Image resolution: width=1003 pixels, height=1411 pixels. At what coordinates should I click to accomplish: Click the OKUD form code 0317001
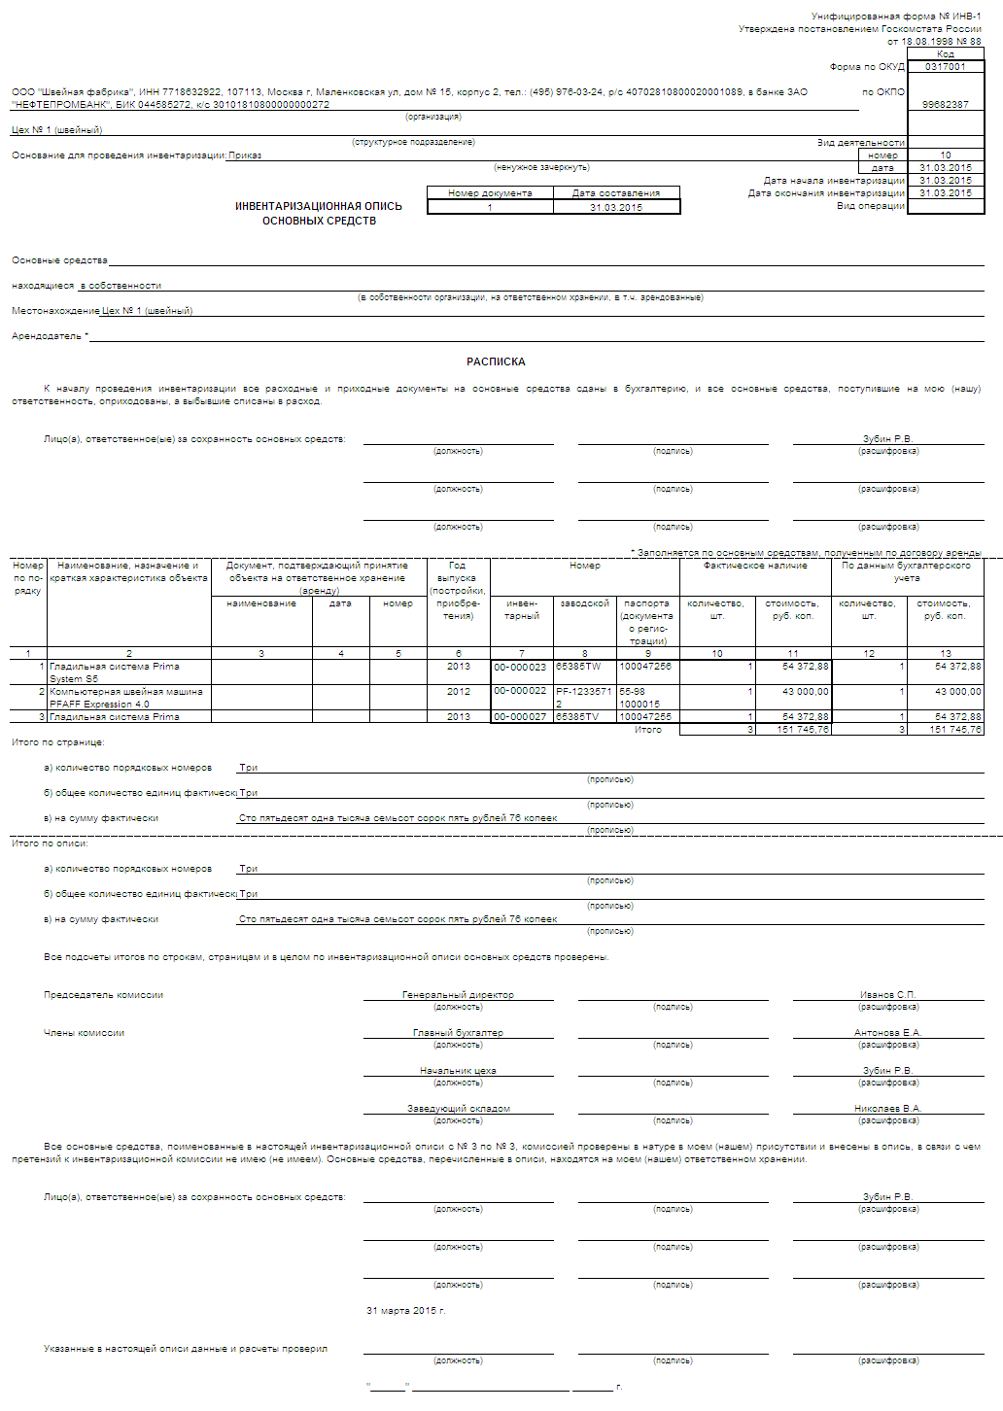click(x=945, y=67)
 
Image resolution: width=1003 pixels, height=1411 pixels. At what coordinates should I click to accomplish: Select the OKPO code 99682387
click(x=945, y=104)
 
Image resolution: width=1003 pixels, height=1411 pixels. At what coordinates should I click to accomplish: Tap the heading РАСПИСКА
click(x=496, y=361)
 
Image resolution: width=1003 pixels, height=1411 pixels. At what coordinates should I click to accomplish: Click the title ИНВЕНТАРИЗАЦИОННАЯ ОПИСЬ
click(x=319, y=206)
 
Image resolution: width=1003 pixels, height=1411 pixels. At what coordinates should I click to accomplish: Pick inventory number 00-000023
click(x=520, y=668)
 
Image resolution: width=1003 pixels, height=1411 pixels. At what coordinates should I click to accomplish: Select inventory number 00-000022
click(x=520, y=691)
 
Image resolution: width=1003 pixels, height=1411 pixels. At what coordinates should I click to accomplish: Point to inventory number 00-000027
click(x=520, y=717)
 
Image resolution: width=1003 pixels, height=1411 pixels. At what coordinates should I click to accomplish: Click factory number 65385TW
click(x=578, y=667)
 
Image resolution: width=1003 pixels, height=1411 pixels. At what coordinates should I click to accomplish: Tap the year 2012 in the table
click(x=459, y=692)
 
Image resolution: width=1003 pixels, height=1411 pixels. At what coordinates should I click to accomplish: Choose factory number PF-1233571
click(x=583, y=692)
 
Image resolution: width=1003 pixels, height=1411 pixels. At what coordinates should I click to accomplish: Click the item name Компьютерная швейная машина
click(x=126, y=692)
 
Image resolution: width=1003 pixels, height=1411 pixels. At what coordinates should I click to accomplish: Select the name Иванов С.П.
click(x=887, y=995)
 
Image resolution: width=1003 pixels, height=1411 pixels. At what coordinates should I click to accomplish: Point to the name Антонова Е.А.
click(x=887, y=1033)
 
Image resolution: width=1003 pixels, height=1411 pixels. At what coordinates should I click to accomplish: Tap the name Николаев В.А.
click(x=887, y=1109)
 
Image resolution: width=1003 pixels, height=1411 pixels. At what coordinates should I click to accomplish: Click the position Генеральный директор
click(x=458, y=995)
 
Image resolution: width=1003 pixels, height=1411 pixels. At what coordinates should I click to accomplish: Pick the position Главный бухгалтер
click(x=458, y=1033)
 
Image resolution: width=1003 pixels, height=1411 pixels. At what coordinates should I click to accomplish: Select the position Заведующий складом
click(x=458, y=1109)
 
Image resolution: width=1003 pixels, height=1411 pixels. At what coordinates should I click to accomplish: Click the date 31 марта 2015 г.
click(x=406, y=1311)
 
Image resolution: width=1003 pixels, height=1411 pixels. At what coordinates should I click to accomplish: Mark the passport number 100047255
click(x=645, y=717)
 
